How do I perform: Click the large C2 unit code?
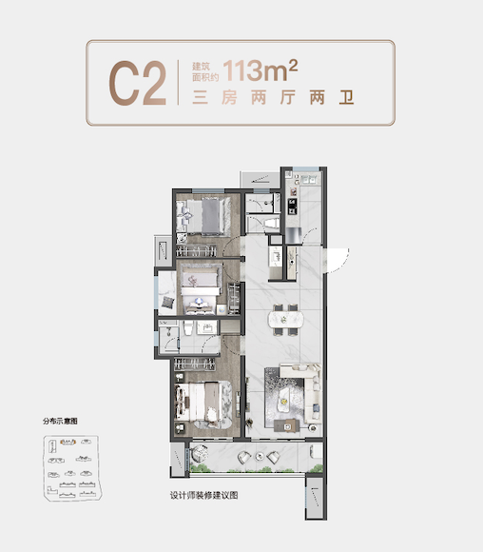[x=138, y=83]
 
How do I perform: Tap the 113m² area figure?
[x=261, y=70]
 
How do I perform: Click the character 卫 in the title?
[x=346, y=97]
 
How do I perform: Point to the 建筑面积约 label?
[x=205, y=71]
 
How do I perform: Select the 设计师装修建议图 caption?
[x=204, y=495]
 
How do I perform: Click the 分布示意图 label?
[x=60, y=421]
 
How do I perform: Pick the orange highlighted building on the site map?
[x=68, y=442]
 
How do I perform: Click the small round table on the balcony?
[x=260, y=457]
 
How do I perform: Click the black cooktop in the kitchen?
[x=292, y=207]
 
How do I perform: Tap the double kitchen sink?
[x=309, y=180]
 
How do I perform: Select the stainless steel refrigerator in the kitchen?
[x=293, y=235]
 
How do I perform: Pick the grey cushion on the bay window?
[x=167, y=303]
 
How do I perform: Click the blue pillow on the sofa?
[x=317, y=407]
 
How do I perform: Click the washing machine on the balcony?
[x=316, y=451]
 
